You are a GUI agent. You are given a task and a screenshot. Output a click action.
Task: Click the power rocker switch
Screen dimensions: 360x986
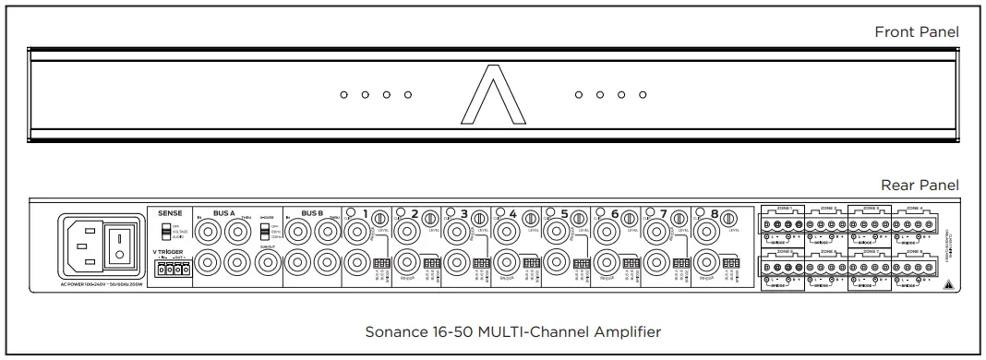pyautogui.click(x=119, y=244)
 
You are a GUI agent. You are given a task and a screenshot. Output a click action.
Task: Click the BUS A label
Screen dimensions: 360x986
pyautogui.click(x=224, y=212)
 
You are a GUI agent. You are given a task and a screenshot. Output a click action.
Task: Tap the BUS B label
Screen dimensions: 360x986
pyautogui.click(x=312, y=212)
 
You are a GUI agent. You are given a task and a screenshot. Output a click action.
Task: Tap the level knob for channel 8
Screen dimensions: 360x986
pyautogui.click(x=728, y=218)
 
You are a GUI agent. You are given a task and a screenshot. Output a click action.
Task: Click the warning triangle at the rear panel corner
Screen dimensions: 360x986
pyautogui.click(x=948, y=285)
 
